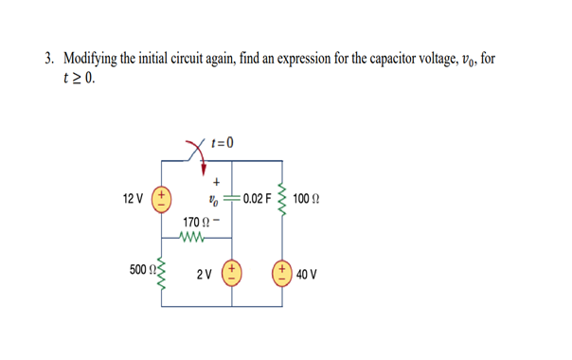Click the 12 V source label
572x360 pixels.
pyautogui.click(x=133, y=199)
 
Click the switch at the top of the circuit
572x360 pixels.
pyautogui.click(x=200, y=153)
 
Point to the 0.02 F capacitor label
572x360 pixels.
pyautogui.click(x=257, y=200)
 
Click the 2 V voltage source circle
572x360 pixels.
pyautogui.click(x=230, y=274)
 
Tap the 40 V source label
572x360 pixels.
pyautogui.click(x=308, y=275)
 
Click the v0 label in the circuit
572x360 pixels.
pyautogui.click(x=213, y=200)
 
